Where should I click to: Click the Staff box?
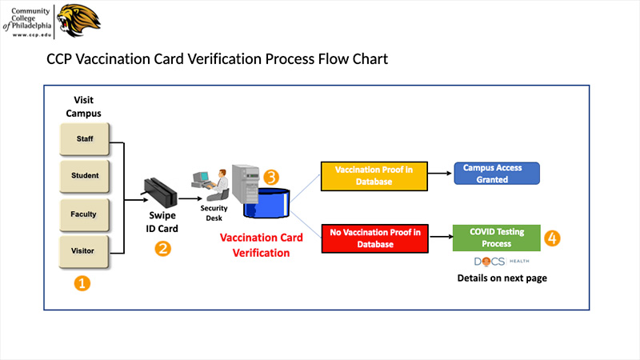[85, 139]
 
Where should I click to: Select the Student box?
[85, 176]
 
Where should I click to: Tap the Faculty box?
[85, 214]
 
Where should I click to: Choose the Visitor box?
[84, 251]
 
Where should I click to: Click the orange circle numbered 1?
[82, 283]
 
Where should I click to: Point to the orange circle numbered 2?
[162, 249]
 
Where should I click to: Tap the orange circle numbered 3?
[271, 177]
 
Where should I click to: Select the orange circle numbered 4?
[552, 238]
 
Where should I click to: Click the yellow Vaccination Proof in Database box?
[374, 176]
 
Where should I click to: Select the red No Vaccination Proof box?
[374, 238]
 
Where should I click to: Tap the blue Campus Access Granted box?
[497, 174]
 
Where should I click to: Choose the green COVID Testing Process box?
[496, 238]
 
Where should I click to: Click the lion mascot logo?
[78, 21]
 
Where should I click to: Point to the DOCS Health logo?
[502, 262]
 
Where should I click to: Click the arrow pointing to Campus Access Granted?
[440, 174]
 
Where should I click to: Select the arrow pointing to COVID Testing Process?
[442, 237]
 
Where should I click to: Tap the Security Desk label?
[214, 213]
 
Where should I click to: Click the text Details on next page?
[502, 278]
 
